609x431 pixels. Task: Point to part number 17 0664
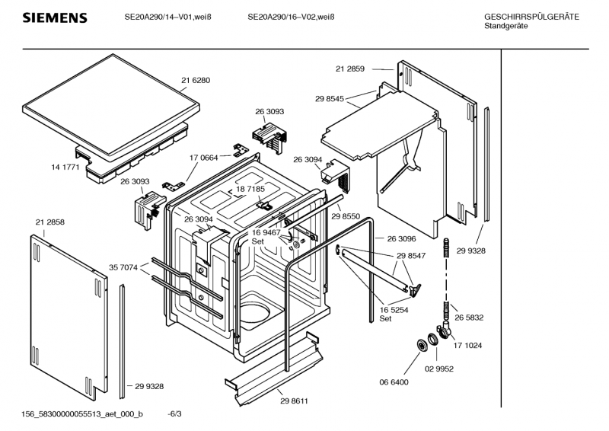(x=204, y=158)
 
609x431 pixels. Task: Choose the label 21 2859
(x=350, y=69)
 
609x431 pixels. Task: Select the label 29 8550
(x=346, y=217)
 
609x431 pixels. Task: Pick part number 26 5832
(x=470, y=317)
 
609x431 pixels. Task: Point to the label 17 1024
(x=469, y=345)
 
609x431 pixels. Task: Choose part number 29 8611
(x=295, y=401)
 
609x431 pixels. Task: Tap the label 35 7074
(x=123, y=267)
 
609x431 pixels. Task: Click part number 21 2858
(x=49, y=222)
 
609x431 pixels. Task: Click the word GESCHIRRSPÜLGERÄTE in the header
(x=531, y=18)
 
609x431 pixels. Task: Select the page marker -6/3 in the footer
(x=174, y=413)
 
